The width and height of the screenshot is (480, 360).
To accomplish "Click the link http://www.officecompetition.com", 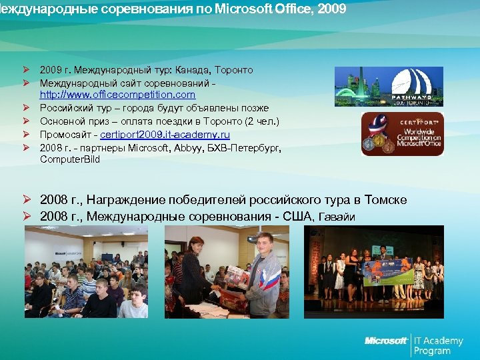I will [x=117, y=95].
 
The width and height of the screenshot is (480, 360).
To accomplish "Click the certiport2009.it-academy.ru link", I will [x=165, y=134].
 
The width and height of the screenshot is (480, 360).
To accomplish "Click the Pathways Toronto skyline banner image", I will [x=389, y=87].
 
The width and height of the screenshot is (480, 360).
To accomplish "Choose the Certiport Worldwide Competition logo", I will [x=402, y=135].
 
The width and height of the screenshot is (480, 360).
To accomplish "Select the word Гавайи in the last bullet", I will [x=337, y=217].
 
